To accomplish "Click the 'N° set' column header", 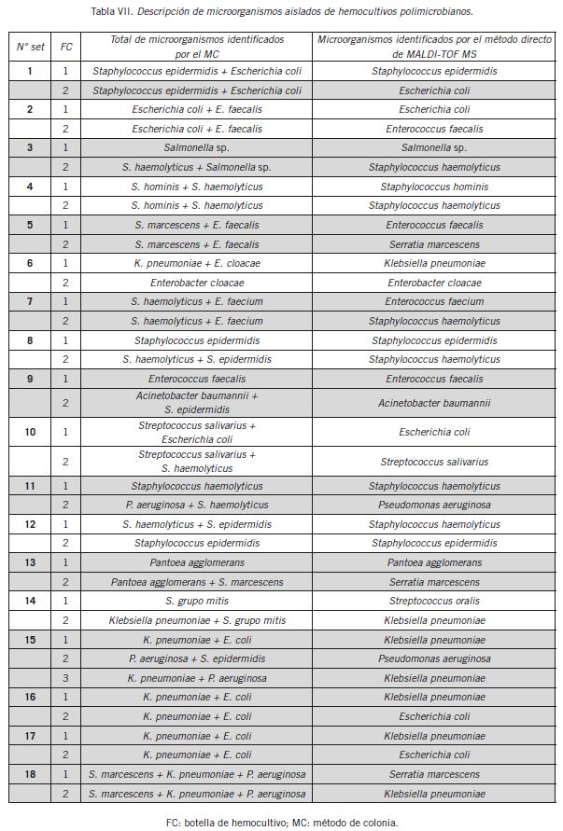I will point(30,46).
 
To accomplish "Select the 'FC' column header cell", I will point(65,46).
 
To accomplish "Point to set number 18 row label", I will point(30,774).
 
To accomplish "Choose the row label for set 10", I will point(30,432).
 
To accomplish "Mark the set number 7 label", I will point(30,301).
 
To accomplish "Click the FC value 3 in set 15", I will point(65,678).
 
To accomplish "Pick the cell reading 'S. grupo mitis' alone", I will point(197,601).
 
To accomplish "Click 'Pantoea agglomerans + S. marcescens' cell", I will point(197,582).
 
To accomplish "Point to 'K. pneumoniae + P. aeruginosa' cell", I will point(197,678).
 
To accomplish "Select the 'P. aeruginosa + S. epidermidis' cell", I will point(197,658).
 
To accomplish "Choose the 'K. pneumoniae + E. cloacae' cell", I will point(197,263).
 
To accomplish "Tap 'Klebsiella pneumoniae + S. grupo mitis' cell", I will point(197,620).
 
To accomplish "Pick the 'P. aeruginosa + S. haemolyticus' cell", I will point(197,505).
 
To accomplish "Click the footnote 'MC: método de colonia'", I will point(345,822).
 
